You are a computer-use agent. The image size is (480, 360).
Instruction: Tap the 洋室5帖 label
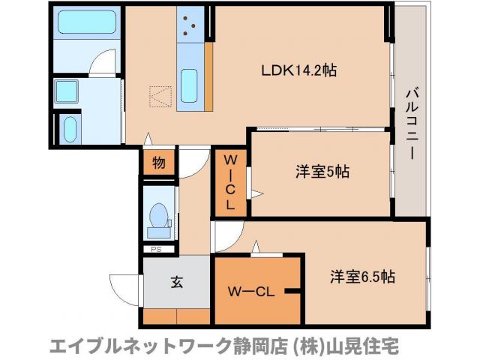coord(321,171)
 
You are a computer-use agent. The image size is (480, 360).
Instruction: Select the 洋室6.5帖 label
coord(362,276)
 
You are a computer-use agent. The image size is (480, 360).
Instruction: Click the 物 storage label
coord(159,161)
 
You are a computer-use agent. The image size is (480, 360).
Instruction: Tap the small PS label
coord(157,249)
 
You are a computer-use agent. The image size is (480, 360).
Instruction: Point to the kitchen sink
coord(190,81)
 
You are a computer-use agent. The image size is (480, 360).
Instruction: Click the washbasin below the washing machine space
coord(70,129)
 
